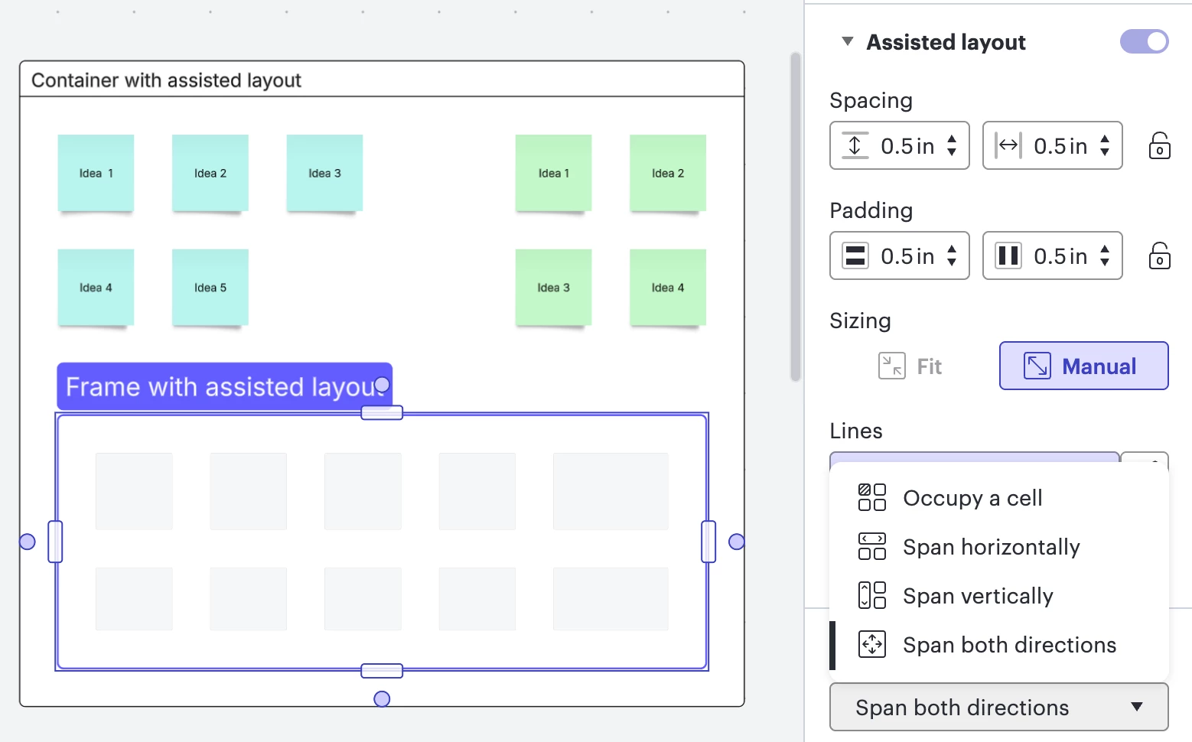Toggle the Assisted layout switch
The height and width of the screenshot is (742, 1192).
coord(1144,41)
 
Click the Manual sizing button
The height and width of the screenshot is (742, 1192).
coord(1083,366)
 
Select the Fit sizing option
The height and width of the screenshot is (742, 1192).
coord(910,366)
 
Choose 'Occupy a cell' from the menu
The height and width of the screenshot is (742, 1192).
coord(972,498)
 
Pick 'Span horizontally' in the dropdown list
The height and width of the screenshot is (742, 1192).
coord(991,547)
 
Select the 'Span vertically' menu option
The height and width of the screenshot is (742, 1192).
coord(978,596)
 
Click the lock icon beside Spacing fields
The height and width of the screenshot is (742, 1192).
coord(1159,145)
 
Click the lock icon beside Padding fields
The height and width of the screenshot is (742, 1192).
coord(1159,255)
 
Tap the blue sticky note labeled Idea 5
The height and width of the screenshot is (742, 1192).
coord(210,288)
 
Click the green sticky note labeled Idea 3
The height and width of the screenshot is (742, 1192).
coord(553,288)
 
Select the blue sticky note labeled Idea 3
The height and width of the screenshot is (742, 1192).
coord(324,173)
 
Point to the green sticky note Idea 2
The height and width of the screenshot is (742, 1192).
coord(668,173)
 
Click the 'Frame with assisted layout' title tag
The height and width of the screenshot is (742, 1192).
coord(218,386)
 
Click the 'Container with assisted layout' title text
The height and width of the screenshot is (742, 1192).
coord(166,80)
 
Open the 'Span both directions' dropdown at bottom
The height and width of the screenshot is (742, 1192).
coord(998,707)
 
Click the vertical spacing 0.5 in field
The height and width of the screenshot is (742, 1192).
coord(907,145)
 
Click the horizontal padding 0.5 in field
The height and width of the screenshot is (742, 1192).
coord(1060,255)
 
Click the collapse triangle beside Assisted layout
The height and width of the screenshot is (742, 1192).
coord(847,41)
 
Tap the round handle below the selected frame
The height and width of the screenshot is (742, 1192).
coord(382,698)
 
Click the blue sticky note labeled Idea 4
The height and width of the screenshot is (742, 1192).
coord(96,288)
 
